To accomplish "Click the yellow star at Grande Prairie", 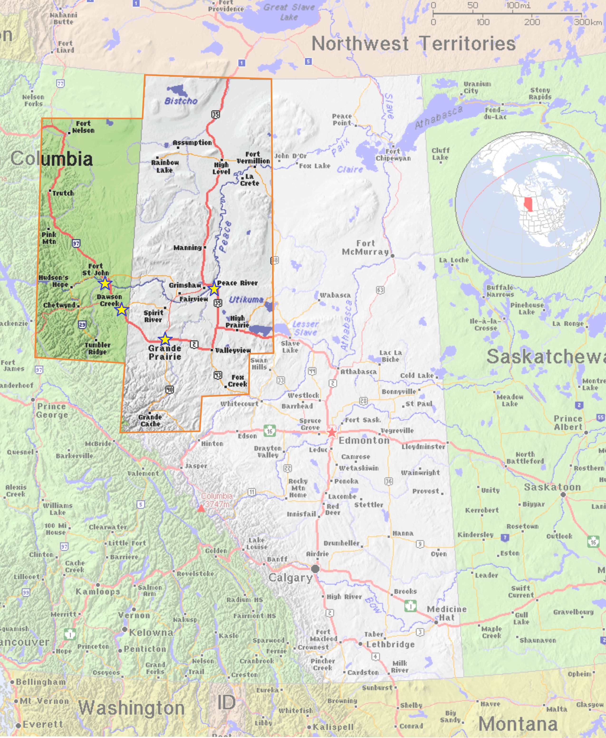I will click(165, 339).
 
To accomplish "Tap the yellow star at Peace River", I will click(214, 289).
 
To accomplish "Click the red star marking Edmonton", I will click(332, 433).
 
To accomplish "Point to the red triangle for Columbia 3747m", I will click(201, 509).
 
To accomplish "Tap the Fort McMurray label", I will click(365, 247).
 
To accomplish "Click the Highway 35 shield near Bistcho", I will click(215, 114).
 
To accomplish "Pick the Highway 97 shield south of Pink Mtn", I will click(76, 243).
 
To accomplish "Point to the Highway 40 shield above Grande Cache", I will click(170, 390).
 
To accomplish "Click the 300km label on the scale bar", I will click(588, 22).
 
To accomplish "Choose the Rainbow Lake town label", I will click(165, 166).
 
